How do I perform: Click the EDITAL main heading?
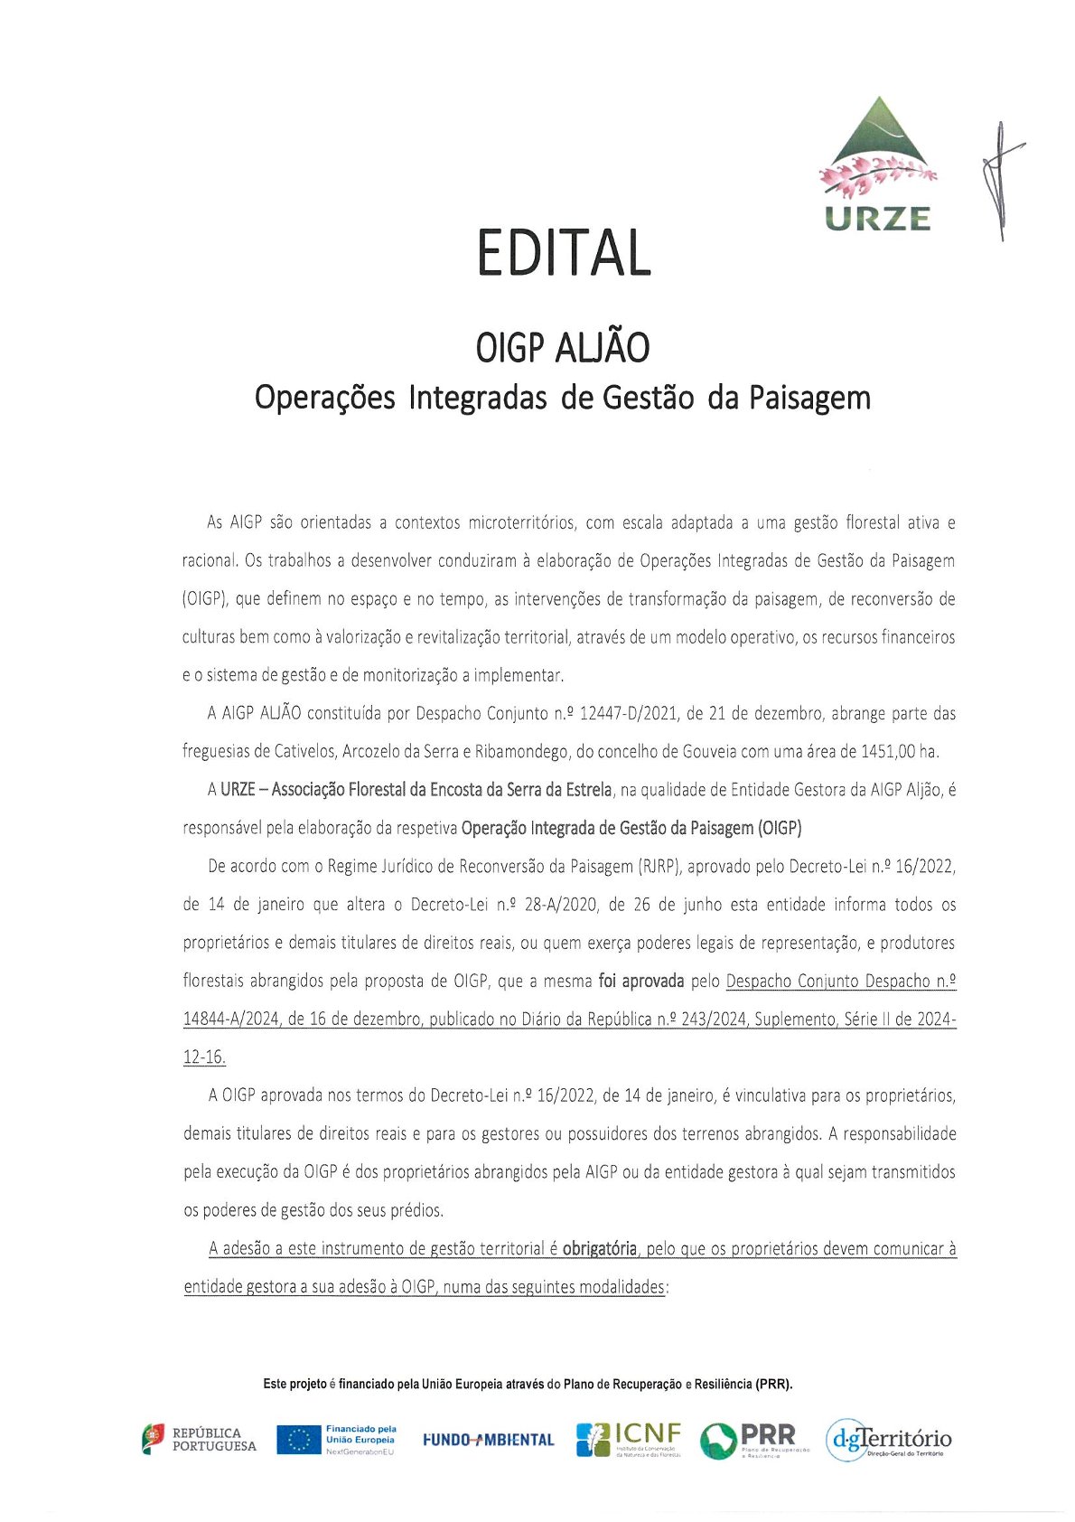[x=564, y=252]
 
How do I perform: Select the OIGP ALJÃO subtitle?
[x=563, y=348]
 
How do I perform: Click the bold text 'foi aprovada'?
[x=640, y=981]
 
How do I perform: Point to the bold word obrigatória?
[x=599, y=1248]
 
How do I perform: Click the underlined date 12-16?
[x=204, y=1057]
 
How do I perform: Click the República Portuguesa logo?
[x=199, y=1439]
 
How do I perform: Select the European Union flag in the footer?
[x=299, y=1439]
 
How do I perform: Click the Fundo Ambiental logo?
[x=488, y=1439]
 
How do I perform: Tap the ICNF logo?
[x=629, y=1439]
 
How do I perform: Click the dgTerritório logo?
[x=888, y=1439]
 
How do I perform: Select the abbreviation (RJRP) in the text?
[x=658, y=866]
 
